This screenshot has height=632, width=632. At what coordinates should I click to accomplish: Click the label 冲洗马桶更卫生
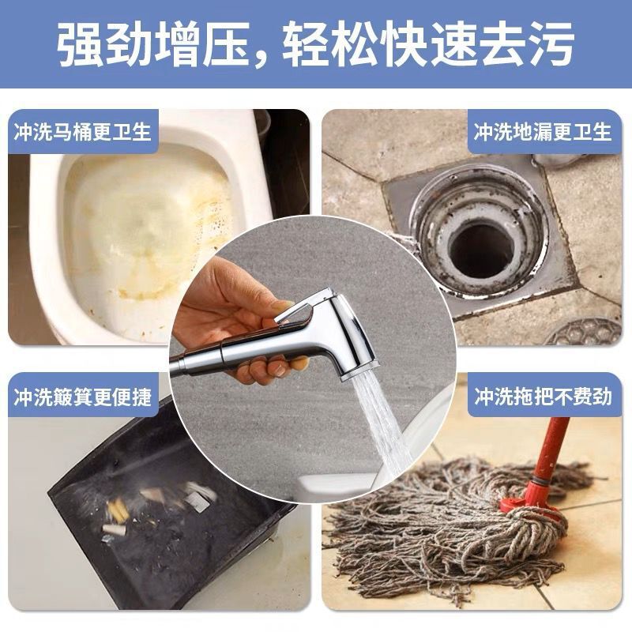click(82, 131)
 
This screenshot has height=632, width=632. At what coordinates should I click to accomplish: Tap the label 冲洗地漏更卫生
click(543, 131)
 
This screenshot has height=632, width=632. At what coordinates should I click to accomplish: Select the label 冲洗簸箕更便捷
click(82, 397)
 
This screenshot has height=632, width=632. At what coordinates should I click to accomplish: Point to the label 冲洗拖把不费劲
click(543, 397)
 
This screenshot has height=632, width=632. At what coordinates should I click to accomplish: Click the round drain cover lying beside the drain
click(585, 333)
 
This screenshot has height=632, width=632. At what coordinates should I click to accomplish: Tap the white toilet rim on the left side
click(43, 237)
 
